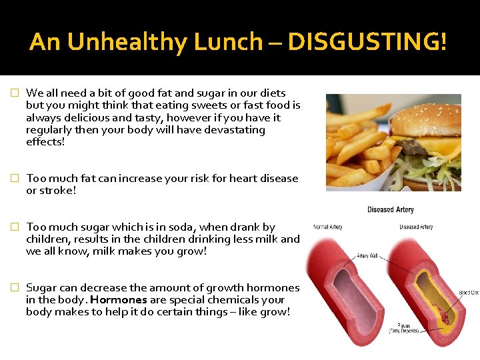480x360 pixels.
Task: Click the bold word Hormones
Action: tap(118, 300)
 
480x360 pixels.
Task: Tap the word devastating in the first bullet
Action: tap(233, 130)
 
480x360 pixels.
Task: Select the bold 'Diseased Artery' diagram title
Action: tap(391, 210)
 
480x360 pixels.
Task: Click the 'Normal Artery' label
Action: tap(327, 227)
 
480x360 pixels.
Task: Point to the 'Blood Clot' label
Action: tap(469, 293)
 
